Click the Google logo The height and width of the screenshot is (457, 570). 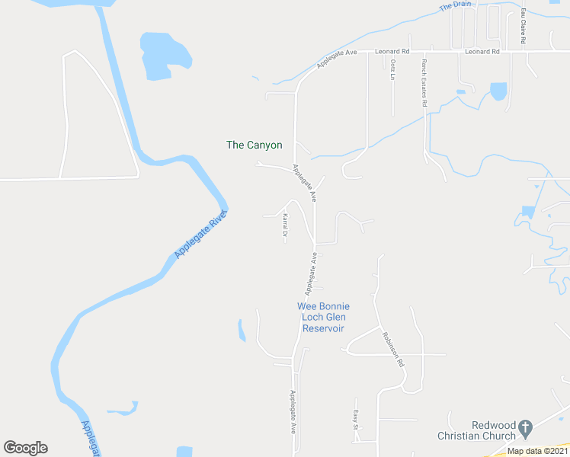pyautogui.click(x=25, y=448)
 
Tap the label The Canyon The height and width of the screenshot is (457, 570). pyautogui.click(x=255, y=145)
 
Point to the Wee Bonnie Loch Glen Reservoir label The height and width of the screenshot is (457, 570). pyautogui.click(x=323, y=317)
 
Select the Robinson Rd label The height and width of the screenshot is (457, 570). pyautogui.click(x=393, y=350)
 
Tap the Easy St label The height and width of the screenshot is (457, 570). pyautogui.click(x=355, y=420)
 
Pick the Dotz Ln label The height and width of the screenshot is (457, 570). pyautogui.click(x=393, y=71)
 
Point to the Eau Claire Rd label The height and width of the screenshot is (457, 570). pyautogui.click(x=524, y=27)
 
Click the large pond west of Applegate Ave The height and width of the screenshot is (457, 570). pyautogui.click(x=164, y=55)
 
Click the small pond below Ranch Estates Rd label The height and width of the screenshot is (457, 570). pyautogui.click(x=498, y=91)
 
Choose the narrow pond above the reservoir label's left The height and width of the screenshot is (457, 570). pyautogui.click(x=242, y=330)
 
